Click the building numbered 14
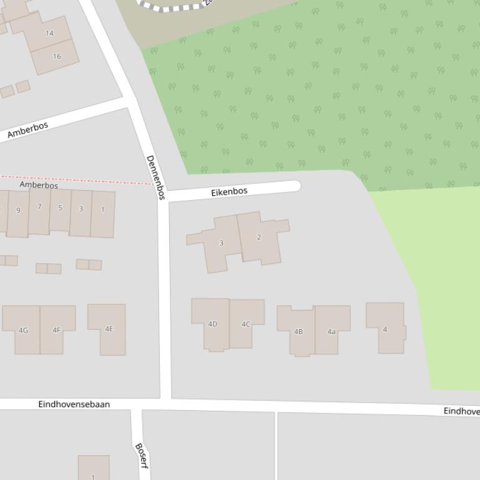[49, 33]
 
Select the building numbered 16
[57, 56]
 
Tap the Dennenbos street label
[155, 177]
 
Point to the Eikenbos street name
[229, 192]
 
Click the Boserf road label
[141, 456]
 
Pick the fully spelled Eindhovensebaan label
[74, 404]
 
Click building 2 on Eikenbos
[258, 237]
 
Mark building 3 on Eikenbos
[221, 243]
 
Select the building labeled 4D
[212, 324]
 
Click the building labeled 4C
[246, 324]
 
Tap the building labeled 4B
[298, 331]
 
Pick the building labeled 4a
[331, 331]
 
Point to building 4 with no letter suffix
[385, 329]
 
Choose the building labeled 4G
[23, 330]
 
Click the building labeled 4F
[57, 330]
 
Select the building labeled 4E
[109, 329]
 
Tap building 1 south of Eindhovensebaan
[93, 469]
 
